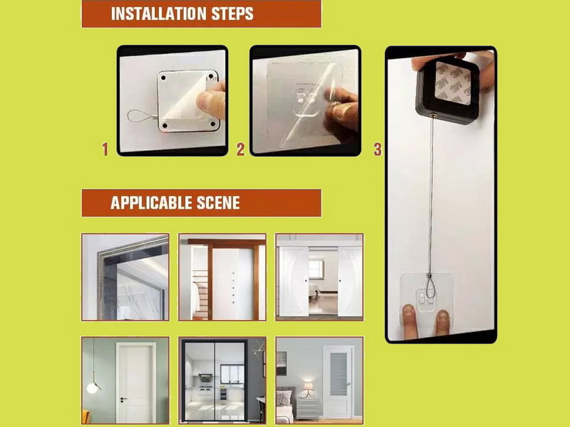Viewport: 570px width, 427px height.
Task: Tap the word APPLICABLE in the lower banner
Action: coord(152,203)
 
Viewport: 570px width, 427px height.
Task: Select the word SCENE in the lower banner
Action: coord(218,203)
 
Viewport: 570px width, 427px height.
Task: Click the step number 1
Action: coord(105,149)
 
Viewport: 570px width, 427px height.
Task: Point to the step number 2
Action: coord(240,149)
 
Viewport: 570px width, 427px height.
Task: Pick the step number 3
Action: coord(377,149)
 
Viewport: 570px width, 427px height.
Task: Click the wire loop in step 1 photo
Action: coord(140,117)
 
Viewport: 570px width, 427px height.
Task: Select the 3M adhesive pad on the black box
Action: coord(453,83)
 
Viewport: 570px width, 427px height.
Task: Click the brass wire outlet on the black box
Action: coord(433,116)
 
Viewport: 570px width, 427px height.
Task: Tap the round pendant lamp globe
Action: coord(92,388)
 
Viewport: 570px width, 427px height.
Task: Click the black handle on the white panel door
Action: coord(124,399)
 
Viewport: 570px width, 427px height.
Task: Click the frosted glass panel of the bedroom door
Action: coord(339,374)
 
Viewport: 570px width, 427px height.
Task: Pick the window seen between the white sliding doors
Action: coord(315,269)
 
